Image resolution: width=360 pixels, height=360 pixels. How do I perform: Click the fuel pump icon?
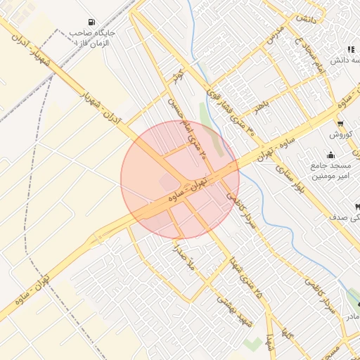click(x=93, y=22)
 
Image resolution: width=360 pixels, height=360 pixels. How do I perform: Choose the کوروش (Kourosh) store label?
click(x=340, y=134)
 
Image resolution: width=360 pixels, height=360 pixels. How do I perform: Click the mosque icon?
click(x=330, y=155)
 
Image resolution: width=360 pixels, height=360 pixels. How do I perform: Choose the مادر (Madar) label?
click(x=351, y=317)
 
